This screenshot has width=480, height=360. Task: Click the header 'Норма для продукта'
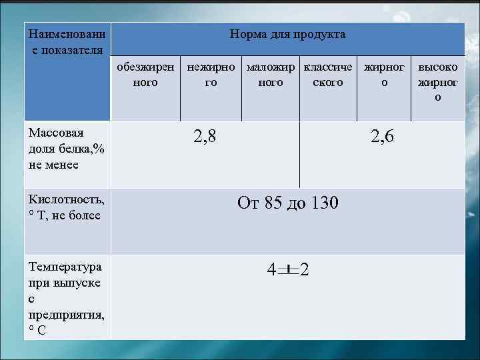pos(287,34)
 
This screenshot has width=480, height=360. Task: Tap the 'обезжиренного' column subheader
pos(145,75)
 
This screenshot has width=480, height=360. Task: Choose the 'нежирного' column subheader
pos(211,75)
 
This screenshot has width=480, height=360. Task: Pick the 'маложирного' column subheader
pos(271,75)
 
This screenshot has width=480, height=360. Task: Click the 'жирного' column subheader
pos(383,75)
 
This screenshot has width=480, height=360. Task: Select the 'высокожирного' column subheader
pos(437,82)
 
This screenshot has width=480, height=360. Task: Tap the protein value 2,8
pos(205,137)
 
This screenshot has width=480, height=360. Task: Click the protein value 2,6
pos(383,137)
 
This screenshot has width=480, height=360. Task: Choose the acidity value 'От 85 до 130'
pos(287,203)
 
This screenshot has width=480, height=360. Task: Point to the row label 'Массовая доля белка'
pos(66,148)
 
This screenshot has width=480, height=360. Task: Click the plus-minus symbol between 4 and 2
pos(287,269)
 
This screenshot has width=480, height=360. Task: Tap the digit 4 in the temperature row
pos(271,270)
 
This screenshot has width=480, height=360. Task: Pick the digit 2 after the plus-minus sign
pos(304,270)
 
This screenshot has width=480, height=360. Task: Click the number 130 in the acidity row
pos(323,203)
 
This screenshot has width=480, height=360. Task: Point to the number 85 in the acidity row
pos(274,203)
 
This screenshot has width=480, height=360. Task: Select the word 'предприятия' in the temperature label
pos(66,314)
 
